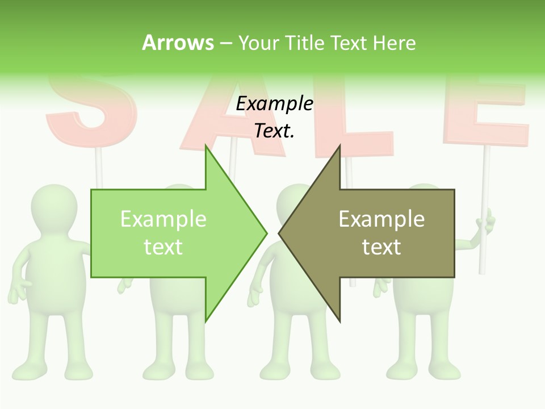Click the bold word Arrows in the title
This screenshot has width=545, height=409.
pyautogui.click(x=178, y=43)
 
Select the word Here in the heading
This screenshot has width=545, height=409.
pyautogui.click(x=394, y=43)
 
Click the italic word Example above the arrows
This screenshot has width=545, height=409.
pyautogui.click(x=274, y=103)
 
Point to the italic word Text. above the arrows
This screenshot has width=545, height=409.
pyautogui.click(x=274, y=131)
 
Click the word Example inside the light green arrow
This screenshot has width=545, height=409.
pyautogui.click(x=163, y=219)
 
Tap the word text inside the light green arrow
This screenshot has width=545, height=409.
pyautogui.click(x=163, y=247)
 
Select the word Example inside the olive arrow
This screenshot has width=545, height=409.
pyautogui.click(x=381, y=219)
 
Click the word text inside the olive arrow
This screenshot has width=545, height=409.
pyautogui.click(x=381, y=247)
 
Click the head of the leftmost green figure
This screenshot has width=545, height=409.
pyautogui.click(x=54, y=204)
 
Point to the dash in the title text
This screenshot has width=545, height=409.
pyautogui.click(x=225, y=43)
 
